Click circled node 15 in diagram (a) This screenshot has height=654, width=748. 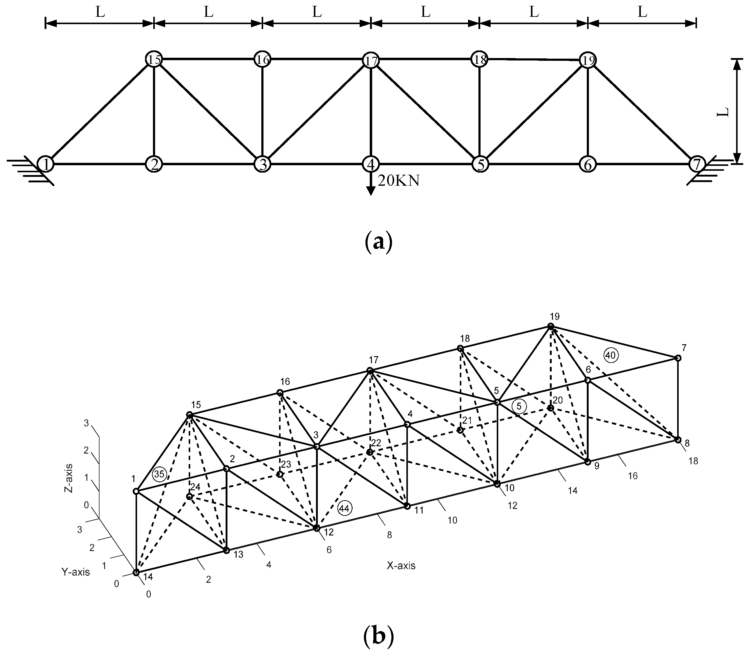(x=154, y=59)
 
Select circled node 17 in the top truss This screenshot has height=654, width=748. (x=371, y=60)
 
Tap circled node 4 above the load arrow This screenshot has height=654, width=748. (x=371, y=164)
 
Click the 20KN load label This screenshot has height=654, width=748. (x=399, y=181)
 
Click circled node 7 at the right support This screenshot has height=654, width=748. (x=697, y=164)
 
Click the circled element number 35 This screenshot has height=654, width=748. (x=159, y=474)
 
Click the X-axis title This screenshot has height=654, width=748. (x=401, y=566)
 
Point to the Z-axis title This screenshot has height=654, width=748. (x=68, y=478)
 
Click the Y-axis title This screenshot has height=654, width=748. (x=75, y=572)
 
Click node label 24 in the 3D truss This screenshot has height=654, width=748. (x=195, y=487)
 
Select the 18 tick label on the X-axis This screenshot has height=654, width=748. (x=693, y=461)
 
